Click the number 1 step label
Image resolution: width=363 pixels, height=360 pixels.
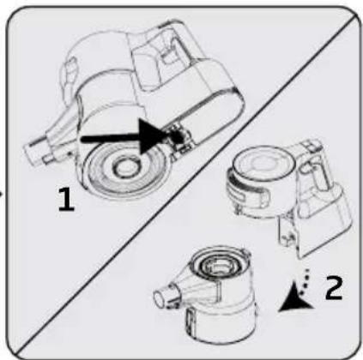click(x=66, y=200)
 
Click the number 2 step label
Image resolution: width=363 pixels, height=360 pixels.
click(x=334, y=288)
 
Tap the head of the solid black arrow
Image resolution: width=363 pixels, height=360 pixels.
click(x=152, y=136)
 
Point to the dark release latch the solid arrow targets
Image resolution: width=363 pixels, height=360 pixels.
click(x=178, y=136)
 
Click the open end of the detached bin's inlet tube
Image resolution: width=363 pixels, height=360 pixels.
click(x=160, y=297)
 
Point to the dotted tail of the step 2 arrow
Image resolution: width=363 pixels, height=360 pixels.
click(x=305, y=280)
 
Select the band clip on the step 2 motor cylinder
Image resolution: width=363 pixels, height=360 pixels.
click(x=249, y=190)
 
